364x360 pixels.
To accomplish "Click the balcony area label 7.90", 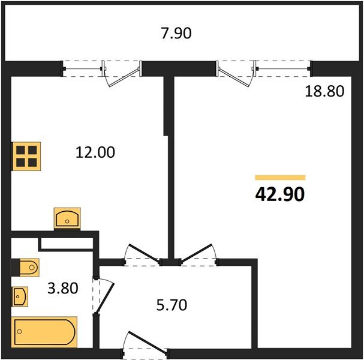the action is coord(176,33).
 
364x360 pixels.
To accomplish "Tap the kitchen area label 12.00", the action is coord(95,152).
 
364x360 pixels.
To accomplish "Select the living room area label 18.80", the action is coord(324,91).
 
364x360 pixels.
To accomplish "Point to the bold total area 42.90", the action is coord(279,194).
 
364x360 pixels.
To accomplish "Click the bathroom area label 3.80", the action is coord(63,288).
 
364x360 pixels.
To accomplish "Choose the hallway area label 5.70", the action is coord(172,305).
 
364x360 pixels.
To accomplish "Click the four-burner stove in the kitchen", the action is coord(26,157).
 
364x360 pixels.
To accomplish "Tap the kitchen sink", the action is coord(67,218).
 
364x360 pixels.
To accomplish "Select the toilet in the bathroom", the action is coord(29,267).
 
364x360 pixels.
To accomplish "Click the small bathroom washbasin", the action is coord(20,296).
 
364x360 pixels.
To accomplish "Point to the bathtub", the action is coord(44,332).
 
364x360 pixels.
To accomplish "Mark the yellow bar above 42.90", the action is coord(280,178).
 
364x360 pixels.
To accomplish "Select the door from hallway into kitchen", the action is coord(143,253).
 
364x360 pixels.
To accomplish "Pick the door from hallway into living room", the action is coord(197,253).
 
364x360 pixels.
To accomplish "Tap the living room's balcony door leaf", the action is coord(234,77).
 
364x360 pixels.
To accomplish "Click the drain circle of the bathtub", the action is coord(20,332).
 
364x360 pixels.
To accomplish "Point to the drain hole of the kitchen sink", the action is coord(67,221).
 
